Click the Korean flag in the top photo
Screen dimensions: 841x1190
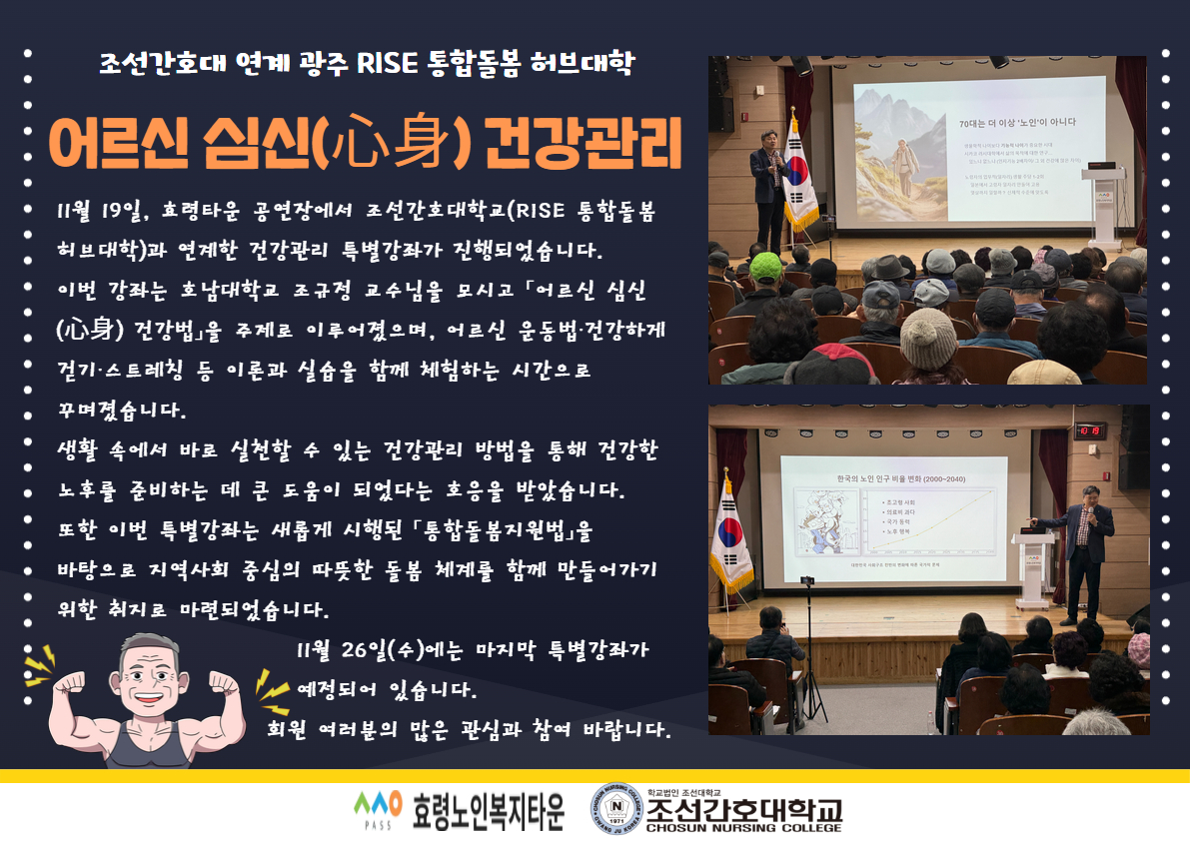coord(796,170)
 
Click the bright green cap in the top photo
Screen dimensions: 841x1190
coord(766,266)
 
